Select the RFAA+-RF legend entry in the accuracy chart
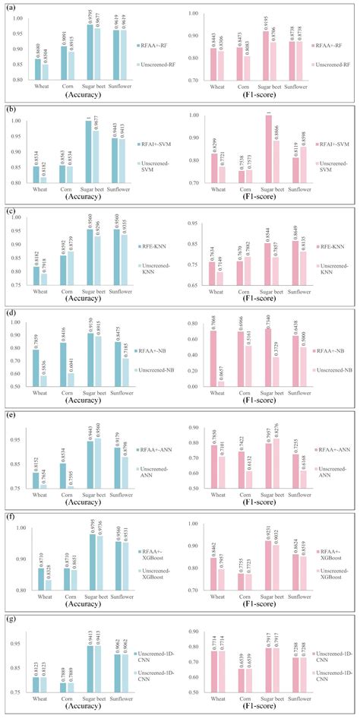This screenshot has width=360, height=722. (x=154, y=45)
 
